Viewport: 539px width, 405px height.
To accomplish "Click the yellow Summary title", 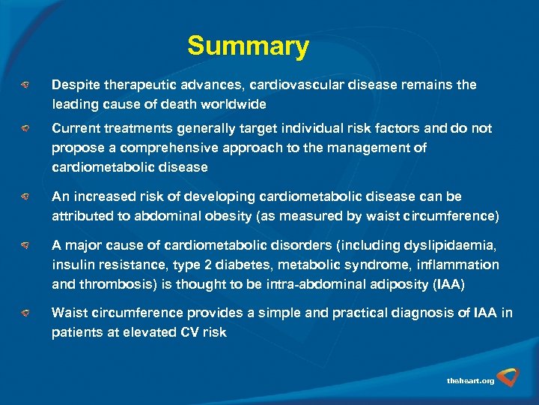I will pyautogui.click(x=248, y=46).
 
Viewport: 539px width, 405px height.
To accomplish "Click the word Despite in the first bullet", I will pyautogui.click(x=75, y=85).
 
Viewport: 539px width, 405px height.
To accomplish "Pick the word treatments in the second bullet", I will pyautogui.click(x=130, y=129).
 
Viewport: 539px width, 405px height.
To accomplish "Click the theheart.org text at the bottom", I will pyautogui.click(x=470, y=381).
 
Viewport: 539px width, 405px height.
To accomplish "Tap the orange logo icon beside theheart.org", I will pyautogui.click(x=510, y=376).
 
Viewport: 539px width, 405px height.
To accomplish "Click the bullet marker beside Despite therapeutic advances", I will pyautogui.click(x=25, y=85).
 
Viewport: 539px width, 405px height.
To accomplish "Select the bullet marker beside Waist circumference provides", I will pyautogui.click(x=25, y=313).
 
